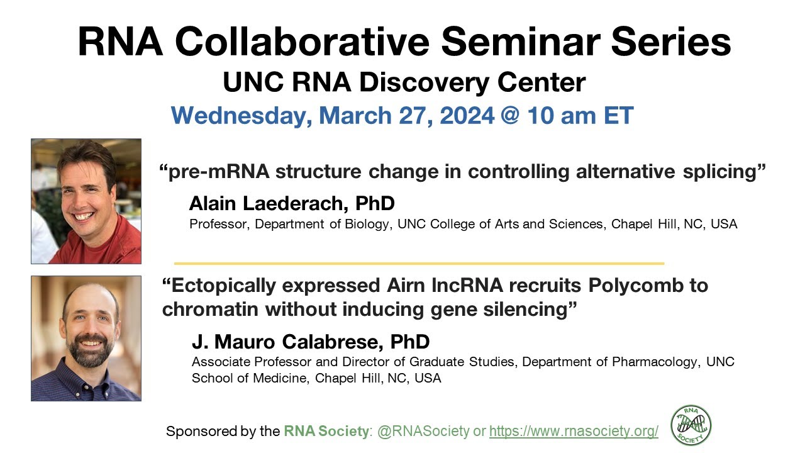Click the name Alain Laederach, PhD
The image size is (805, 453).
tap(292, 204)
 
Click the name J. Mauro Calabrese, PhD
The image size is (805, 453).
tap(311, 342)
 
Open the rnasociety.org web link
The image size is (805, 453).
tap(574, 432)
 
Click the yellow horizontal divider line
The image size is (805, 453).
tap(419, 263)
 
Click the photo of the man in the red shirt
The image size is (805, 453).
tap(86, 201)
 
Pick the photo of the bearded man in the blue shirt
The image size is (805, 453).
tap(86, 338)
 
